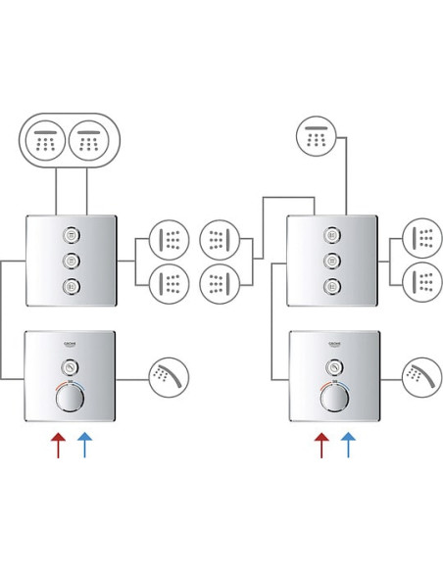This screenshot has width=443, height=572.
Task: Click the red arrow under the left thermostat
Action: click(x=59, y=445)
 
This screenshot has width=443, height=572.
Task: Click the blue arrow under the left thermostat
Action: click(x=84, y=445)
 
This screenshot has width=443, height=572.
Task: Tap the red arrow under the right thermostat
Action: click(x=321, y=445)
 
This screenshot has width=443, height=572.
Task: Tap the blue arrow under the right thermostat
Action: click(x=348, y=445)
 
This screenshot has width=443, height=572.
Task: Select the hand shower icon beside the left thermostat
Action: click(x=169, y=377)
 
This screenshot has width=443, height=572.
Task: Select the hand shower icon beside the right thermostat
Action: click(x=422, y=377)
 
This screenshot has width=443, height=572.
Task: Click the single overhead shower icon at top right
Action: click(x=316, y=136)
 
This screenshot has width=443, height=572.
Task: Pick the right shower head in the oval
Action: click(x=89, y=140)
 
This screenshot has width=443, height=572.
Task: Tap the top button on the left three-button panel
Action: click(x=71, y=235)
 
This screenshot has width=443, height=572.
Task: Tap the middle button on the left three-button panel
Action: click(x=71, y=261)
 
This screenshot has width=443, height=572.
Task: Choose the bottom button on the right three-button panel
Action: click(x=332, y=286)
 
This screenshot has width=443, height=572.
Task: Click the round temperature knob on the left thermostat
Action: click(x=71, y=397)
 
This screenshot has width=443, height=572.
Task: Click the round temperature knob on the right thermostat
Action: click(x=334, y=397)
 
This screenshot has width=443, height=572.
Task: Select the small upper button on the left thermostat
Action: click(x=71, y=366)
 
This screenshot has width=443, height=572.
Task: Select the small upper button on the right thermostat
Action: click(x=334, y=366)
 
